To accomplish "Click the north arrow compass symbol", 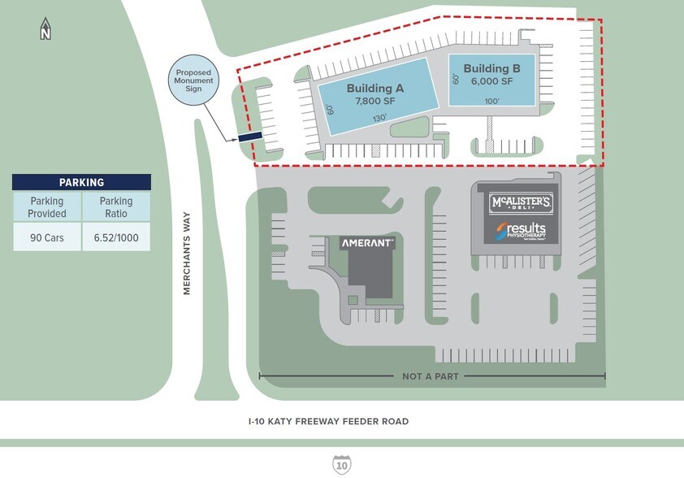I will click(x=46, y=29).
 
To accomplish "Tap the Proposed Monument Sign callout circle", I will click(x=193, y=80).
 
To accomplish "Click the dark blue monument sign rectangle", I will click(x=249, y=137).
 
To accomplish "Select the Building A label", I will click(x=375, y=89).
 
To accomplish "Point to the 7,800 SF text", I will click(x=375, y=102).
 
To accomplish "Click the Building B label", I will click(x=491, y=68).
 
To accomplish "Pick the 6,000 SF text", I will click(x=491, y=81).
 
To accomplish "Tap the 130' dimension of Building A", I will click(x=380, y=118).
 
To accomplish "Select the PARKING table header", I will click(x=81, y=183).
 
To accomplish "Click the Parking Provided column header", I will click(x=47, y=207).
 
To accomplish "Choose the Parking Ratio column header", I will click(x=116, y=207).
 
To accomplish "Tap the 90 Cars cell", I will click(x=47, y=237).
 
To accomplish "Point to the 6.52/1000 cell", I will click(x=116, y=237).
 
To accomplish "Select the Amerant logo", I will click(x=367, y=243).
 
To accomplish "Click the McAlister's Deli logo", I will click(x=521, y=202).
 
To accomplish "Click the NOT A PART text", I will click(x=431, y=376).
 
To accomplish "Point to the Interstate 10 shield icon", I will click(x=342, y=465).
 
